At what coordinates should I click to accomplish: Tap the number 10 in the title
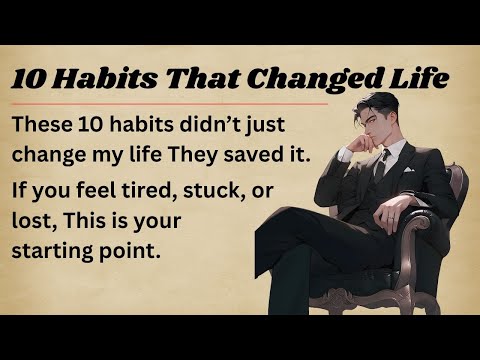31,78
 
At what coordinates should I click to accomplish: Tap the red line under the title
170,102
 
